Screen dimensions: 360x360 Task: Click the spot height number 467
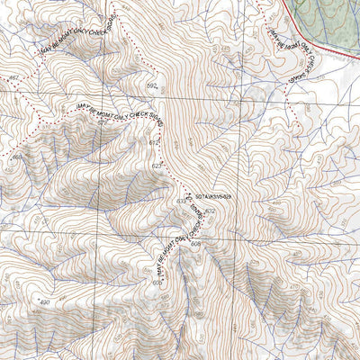click(12, 80)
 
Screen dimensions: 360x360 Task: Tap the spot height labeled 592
click(151, 86)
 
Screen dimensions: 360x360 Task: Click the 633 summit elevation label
click(182, 202)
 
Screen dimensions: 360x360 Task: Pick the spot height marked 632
click(210, 211)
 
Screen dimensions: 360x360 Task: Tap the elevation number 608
click(195, 243)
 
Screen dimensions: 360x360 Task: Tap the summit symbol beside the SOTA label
click(188, 194)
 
